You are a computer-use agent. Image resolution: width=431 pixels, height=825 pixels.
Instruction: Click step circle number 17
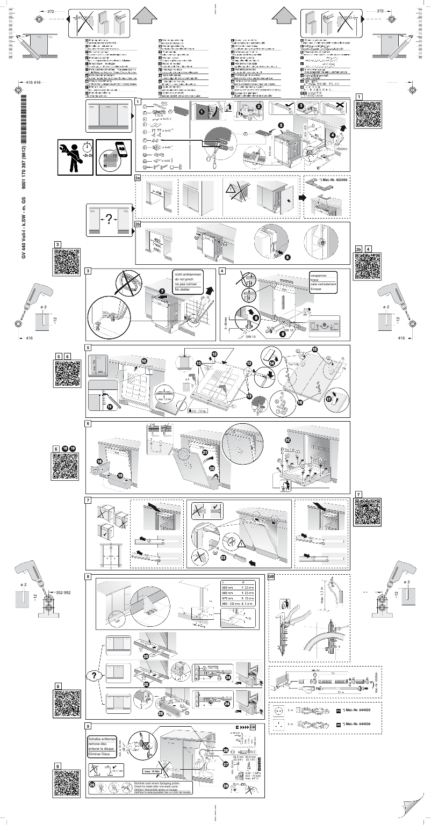(329, 400)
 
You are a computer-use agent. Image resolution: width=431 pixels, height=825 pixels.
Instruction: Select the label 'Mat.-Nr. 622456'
(332, 180)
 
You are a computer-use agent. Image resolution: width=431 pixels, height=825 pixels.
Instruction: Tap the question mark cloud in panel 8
(95, 675)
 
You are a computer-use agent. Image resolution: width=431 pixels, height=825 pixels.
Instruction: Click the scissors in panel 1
(210, 156)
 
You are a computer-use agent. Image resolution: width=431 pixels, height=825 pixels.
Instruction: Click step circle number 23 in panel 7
(222, 556)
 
